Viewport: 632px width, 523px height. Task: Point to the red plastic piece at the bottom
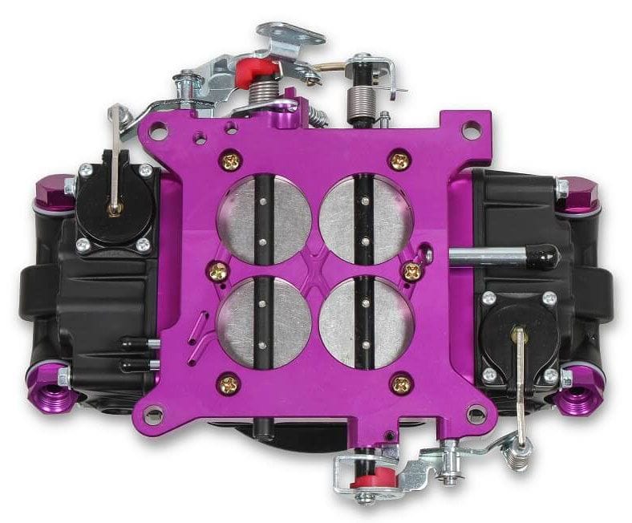pyautogui.click(x=370, y=481)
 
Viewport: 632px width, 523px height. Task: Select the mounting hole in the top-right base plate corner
pyautogui.click(x=472, y=128)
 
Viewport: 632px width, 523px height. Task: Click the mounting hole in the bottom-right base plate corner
pyautogui.click(x=476, y=414)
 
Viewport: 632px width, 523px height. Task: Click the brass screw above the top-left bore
pyautogui.click(x=233, y=161)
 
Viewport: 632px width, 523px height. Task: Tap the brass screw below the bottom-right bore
pyautogui.click(x=399, y=383)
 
